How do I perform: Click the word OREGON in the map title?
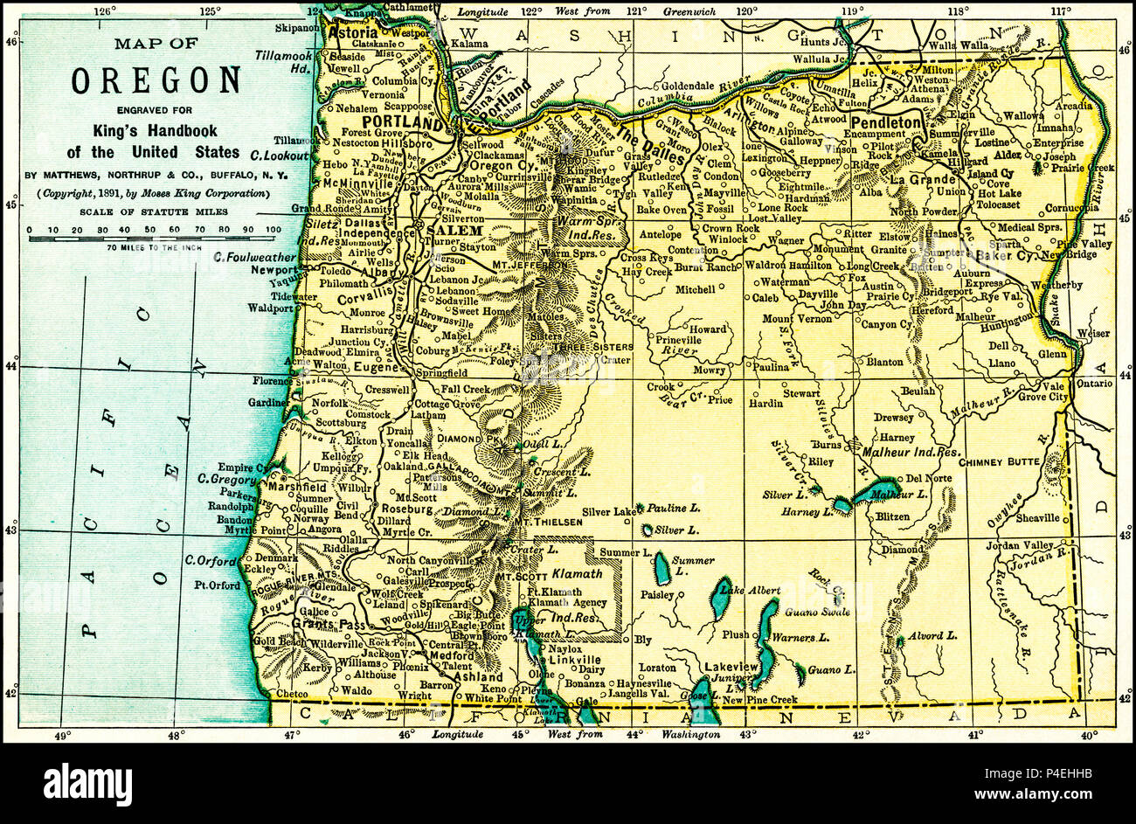[156, 80]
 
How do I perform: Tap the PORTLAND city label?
[400, 121]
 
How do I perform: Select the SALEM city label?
[453, 230]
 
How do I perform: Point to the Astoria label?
[352, 30]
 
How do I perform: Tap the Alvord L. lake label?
[933, 635]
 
